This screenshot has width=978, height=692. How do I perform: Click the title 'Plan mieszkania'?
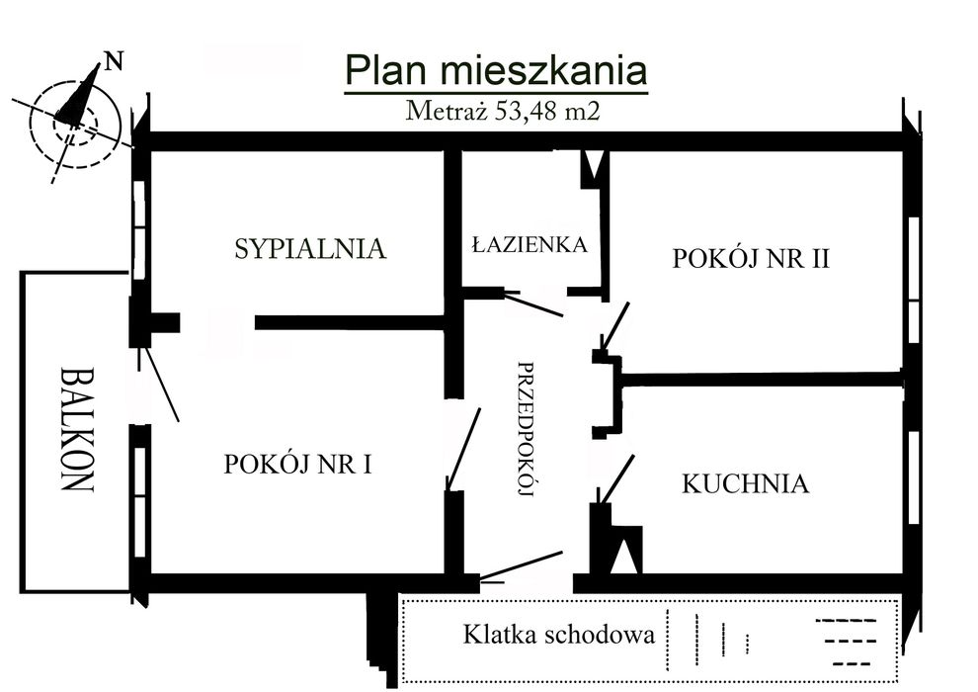coord(495,71)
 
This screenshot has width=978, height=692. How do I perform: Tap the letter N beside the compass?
coord(115,60)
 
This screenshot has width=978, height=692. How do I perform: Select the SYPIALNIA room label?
coord(309,249)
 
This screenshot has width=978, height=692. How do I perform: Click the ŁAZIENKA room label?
coord(529,243)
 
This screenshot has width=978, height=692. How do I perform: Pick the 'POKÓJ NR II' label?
coord(750,260)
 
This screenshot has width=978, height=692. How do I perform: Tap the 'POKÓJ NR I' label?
coord(297,463)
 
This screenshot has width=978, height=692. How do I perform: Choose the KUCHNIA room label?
coord(745,483)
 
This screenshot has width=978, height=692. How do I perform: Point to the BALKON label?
coord(77,430)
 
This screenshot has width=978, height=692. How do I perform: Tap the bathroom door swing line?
coord(533,303)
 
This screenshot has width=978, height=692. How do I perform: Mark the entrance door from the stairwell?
coord(521,565)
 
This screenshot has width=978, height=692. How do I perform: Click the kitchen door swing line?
coord(618,479)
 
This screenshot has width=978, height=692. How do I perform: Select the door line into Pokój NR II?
coord(615,326)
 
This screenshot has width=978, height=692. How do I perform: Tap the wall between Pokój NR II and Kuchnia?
coord(761,379)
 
